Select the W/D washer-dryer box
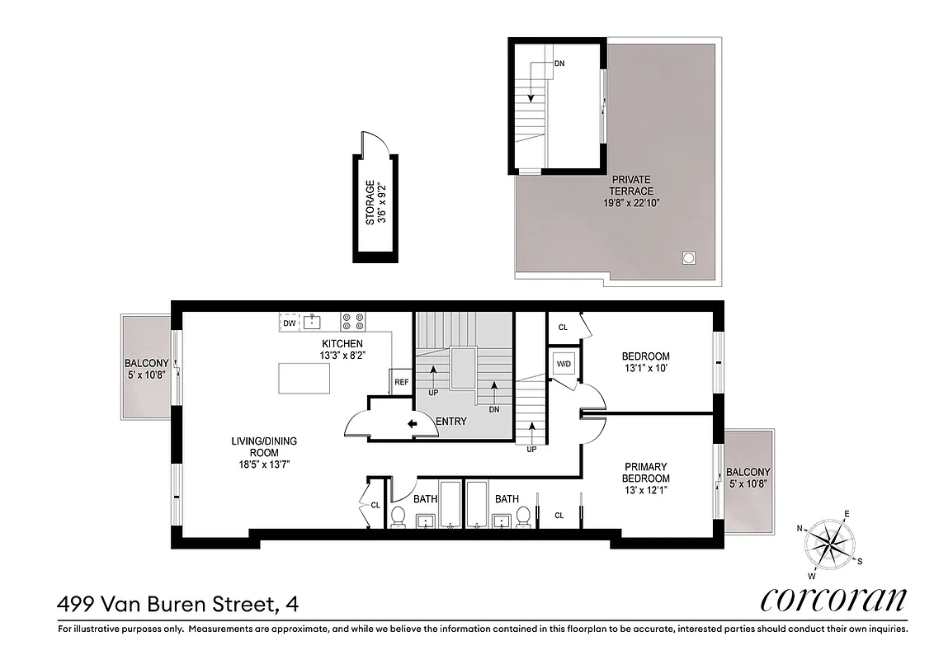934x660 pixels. (x=564, y=363)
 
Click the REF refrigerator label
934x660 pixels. (x=401, y=382)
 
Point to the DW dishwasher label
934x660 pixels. (x=289, y=323)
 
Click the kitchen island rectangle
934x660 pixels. (x=304, y=379)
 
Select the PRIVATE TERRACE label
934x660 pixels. (x=631, y=185)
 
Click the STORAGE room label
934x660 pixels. (x=370, y=203)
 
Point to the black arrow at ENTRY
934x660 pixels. (x=412, y=424)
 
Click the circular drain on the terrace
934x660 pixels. (x=688, y=258)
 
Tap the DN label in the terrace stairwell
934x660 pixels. (x=559, y=63)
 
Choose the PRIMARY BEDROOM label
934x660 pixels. (x=646, y=472)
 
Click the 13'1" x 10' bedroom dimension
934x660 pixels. (x=645, y=369)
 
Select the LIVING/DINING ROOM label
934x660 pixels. (x=264, y=446)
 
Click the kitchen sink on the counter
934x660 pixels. (x=312, y=322)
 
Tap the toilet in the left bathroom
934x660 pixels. (x=398, y=516)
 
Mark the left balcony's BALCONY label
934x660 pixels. (x=147, y=363)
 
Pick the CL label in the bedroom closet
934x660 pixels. (x=563, y=327)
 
